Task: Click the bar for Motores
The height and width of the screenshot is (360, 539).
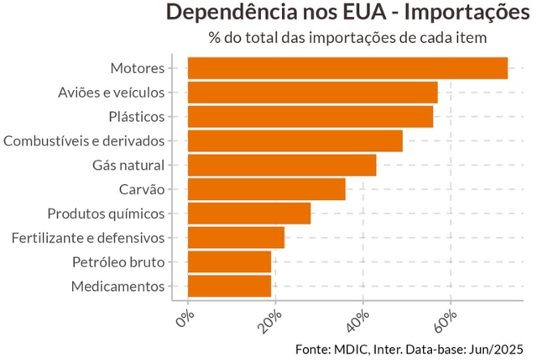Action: click(347, 68)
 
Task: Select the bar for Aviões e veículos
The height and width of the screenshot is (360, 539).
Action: click(312, 92)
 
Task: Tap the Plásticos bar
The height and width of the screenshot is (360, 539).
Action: click(310, 117)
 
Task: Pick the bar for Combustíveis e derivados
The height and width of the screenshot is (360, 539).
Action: click(295, 141)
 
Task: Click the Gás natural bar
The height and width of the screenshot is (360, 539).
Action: click(281, 165)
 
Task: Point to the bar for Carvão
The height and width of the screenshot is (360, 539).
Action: click(266, 189)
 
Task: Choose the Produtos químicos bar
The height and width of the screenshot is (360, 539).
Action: click(249, 213)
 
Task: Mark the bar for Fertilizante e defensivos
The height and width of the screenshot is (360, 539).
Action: click(236, 238)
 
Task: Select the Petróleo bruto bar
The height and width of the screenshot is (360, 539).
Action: click(229, 262)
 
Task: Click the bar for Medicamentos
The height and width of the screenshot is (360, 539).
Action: click(229, 286)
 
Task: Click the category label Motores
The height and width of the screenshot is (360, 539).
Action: click(137, 68)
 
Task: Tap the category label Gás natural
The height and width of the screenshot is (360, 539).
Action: click(129, 165)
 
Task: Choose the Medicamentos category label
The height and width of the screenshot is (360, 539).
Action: click(118, 286)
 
